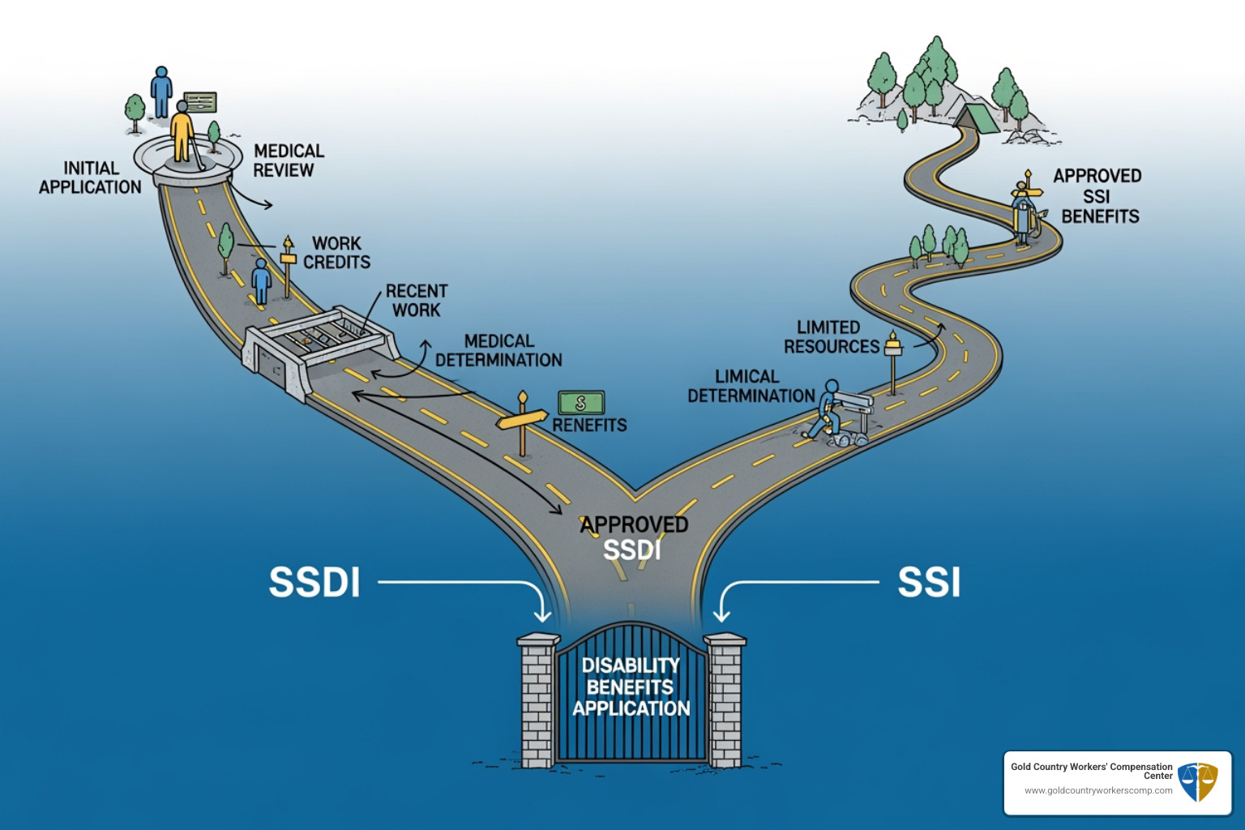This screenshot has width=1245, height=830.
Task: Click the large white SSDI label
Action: pos(314,582)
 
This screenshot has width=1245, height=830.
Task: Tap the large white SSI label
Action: pos(929,582)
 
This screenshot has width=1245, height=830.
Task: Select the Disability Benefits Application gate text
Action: pos(631,687)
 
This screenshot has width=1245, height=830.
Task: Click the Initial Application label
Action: pos(90,178)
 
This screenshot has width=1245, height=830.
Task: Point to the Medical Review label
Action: pos(288,160)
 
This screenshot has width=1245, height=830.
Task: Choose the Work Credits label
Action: pos(336,253)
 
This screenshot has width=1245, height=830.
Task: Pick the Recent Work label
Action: pos(417,300)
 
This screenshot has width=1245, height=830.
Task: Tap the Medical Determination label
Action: pos(498,350)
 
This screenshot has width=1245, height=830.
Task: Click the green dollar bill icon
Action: pos(580,403)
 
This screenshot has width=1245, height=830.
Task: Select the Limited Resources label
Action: pos(831,337)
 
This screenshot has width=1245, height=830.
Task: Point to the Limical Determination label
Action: pos(751,387)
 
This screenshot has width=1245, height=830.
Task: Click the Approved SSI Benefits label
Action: pos(1098,196)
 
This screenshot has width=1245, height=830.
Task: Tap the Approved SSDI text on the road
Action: pos(634,537)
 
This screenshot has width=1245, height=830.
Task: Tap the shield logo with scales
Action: pos(1197,782)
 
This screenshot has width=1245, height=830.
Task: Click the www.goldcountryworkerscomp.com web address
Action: pos(1097,790)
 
